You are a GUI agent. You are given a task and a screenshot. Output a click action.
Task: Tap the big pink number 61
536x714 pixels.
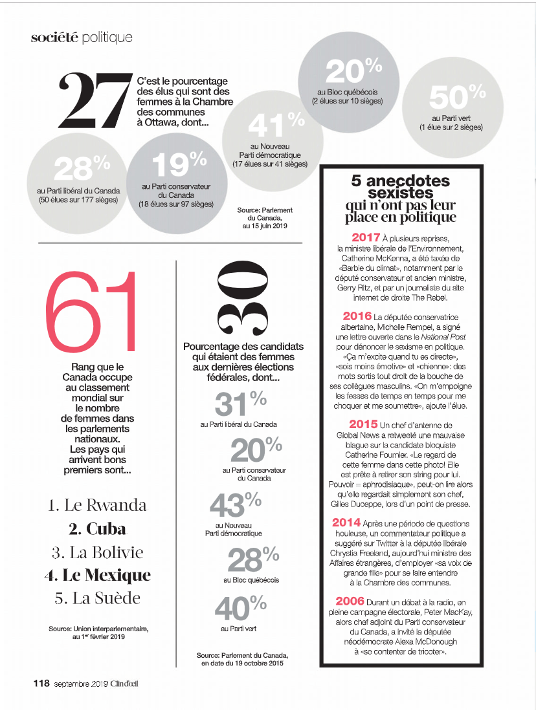(92, 312)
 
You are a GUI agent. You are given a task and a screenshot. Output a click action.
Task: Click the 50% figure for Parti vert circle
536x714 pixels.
(457, 98)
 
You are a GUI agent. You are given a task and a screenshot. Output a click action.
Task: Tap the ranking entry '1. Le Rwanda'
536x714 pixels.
(98, 505)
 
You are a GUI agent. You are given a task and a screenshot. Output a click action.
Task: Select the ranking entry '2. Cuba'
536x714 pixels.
(98, 528)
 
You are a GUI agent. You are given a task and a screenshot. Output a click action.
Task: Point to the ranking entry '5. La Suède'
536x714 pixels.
(98, 598)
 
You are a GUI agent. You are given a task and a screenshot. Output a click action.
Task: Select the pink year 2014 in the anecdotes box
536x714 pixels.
(351, 522)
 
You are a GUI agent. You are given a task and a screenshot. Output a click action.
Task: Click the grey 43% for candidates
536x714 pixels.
(234, 506)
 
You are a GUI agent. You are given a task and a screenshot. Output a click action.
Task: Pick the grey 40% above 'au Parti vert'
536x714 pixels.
(240, 609)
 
